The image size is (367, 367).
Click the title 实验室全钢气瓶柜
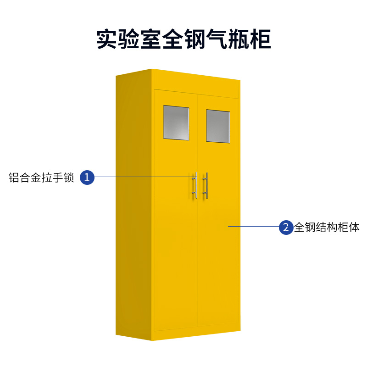183,39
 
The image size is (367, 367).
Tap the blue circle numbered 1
87,177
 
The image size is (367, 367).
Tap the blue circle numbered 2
286,227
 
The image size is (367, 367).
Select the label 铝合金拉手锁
41,178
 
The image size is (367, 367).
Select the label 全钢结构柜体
327,227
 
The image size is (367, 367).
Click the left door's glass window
176,122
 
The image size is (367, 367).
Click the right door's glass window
218,126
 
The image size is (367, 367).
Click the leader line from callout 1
142,177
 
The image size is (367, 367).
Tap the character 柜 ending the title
260,39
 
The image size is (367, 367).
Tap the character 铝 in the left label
14,178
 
